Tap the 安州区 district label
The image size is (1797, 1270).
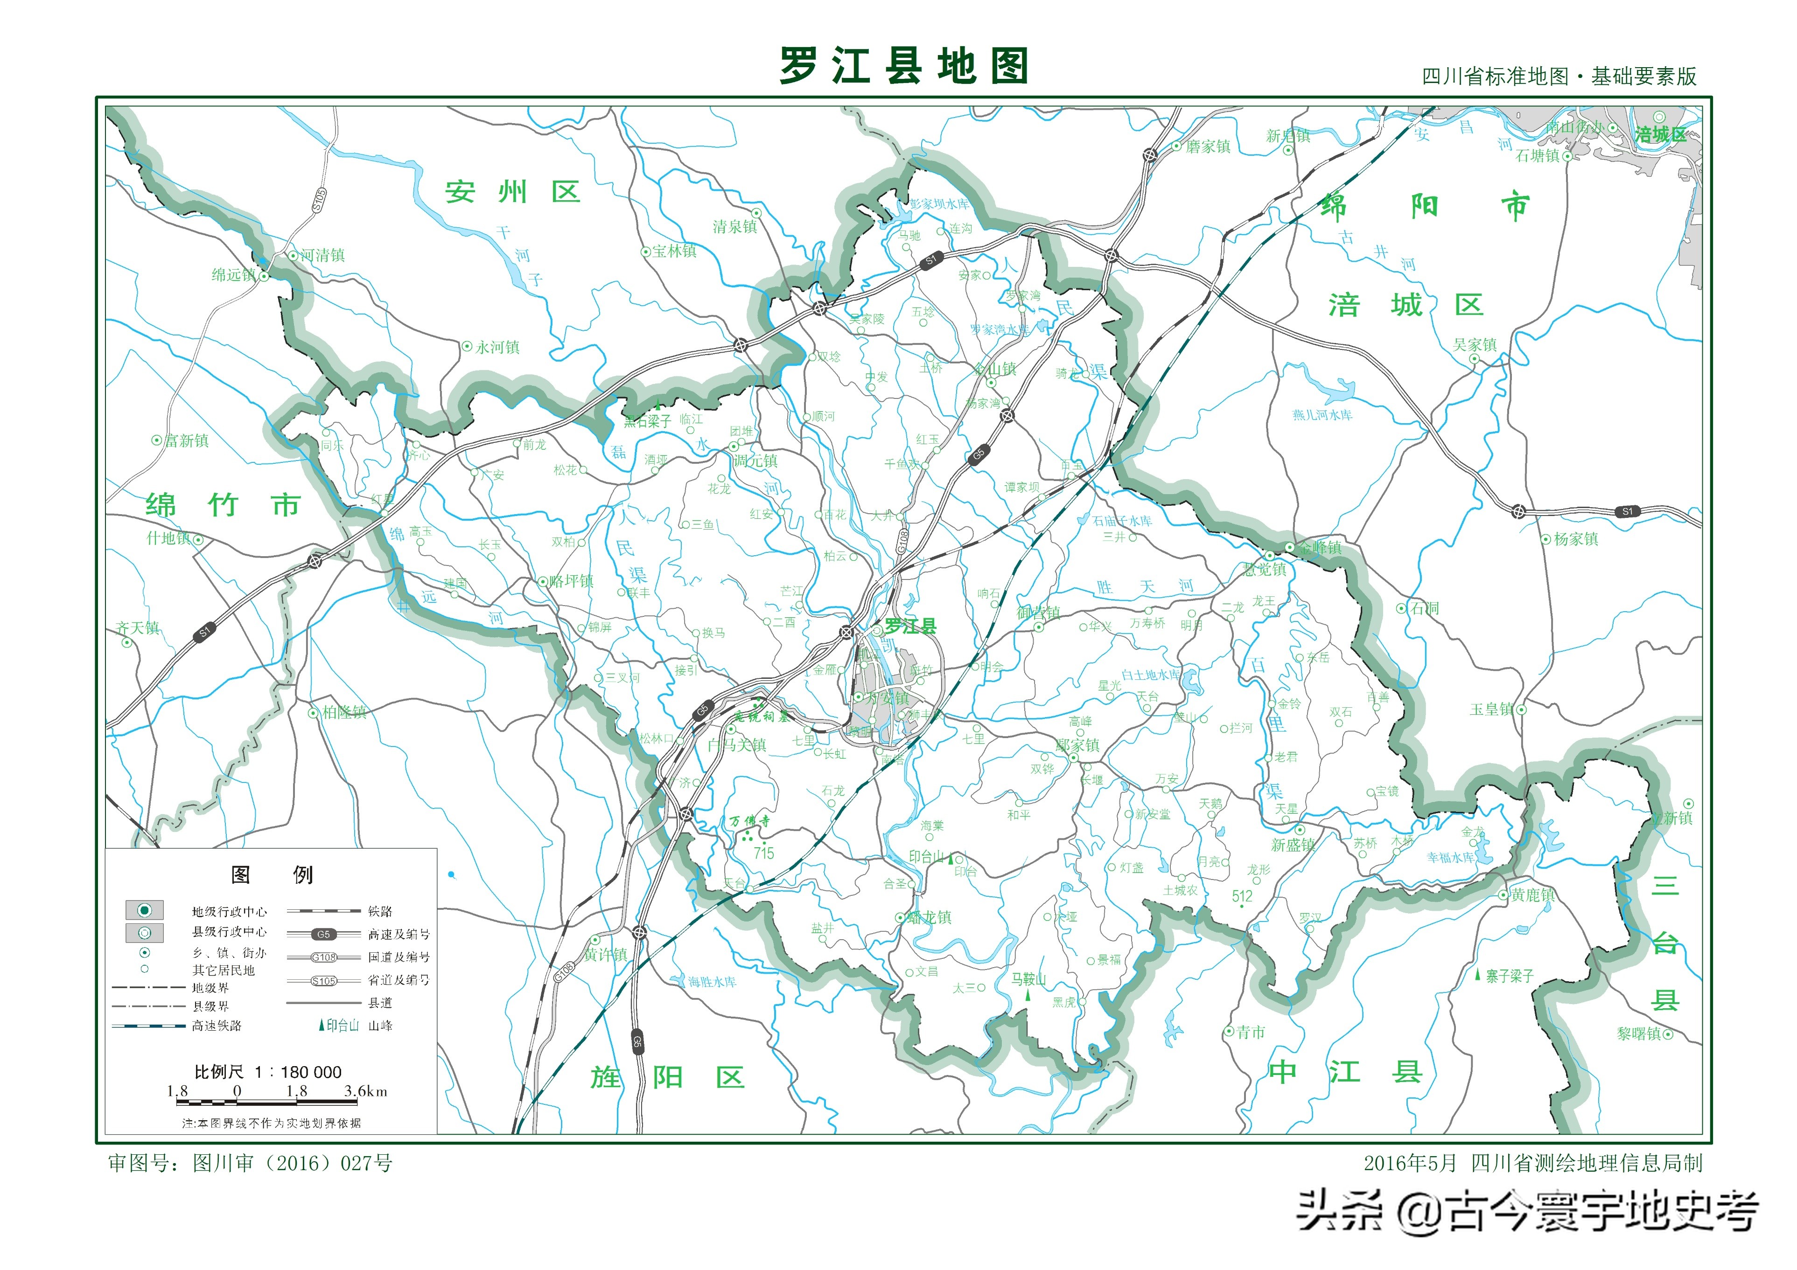click(513, 192)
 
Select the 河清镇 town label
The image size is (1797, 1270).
click(322, 255)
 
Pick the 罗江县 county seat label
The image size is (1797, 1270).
click(910, 626)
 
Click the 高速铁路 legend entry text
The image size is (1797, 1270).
click(217, 1025)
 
